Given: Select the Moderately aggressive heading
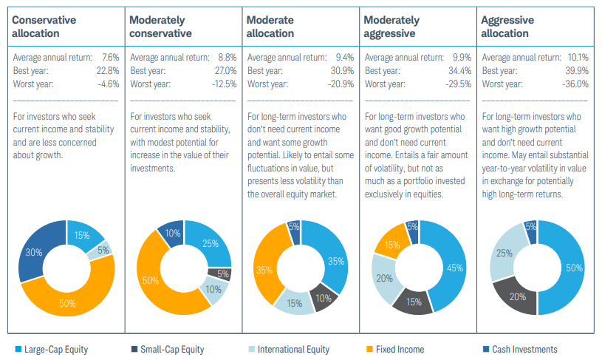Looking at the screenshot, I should (x=391, y=26).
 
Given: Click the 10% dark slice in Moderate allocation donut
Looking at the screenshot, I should (x=323, y=298).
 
